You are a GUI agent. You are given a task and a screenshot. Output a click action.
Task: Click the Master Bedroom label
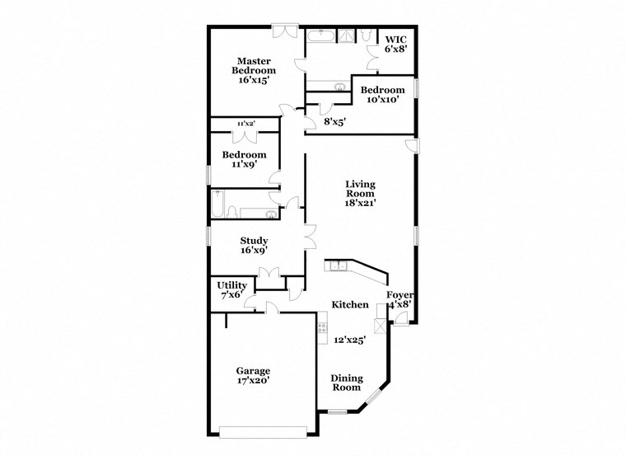[x=253, y=66]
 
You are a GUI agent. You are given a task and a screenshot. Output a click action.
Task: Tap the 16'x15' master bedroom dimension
[x=253, y=81]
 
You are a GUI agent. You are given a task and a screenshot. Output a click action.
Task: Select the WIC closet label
[x=395, y=40]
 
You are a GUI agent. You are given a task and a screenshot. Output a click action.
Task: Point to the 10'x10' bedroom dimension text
[x=383, y=100]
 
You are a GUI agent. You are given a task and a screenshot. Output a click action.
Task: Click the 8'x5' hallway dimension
[x=334, y=122]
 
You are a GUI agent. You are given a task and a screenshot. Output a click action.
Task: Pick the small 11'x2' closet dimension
[x=245, y=123]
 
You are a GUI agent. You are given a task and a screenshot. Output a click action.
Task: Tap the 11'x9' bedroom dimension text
[x=245, y=165]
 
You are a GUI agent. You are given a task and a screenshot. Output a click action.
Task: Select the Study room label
[x=254, y=241]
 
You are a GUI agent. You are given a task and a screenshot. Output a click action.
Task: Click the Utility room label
[x=231, y=285]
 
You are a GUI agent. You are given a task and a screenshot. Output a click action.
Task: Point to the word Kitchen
[x=350, y=305]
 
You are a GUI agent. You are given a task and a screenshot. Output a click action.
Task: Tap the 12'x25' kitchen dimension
[x=350, y=339]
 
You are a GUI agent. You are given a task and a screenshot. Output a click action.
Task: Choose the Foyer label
[x=400, y=294]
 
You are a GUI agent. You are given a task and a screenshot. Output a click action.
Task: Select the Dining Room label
[x=346, y=383]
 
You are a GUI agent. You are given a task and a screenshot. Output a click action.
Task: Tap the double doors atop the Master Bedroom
[x=285, y=31]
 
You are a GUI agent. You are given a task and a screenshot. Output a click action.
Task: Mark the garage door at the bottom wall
[x=267, y=430]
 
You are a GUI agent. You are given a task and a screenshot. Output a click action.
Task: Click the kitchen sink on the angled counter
[x=339, y=266]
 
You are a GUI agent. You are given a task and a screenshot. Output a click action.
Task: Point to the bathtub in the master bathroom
[x=321, y=35]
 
